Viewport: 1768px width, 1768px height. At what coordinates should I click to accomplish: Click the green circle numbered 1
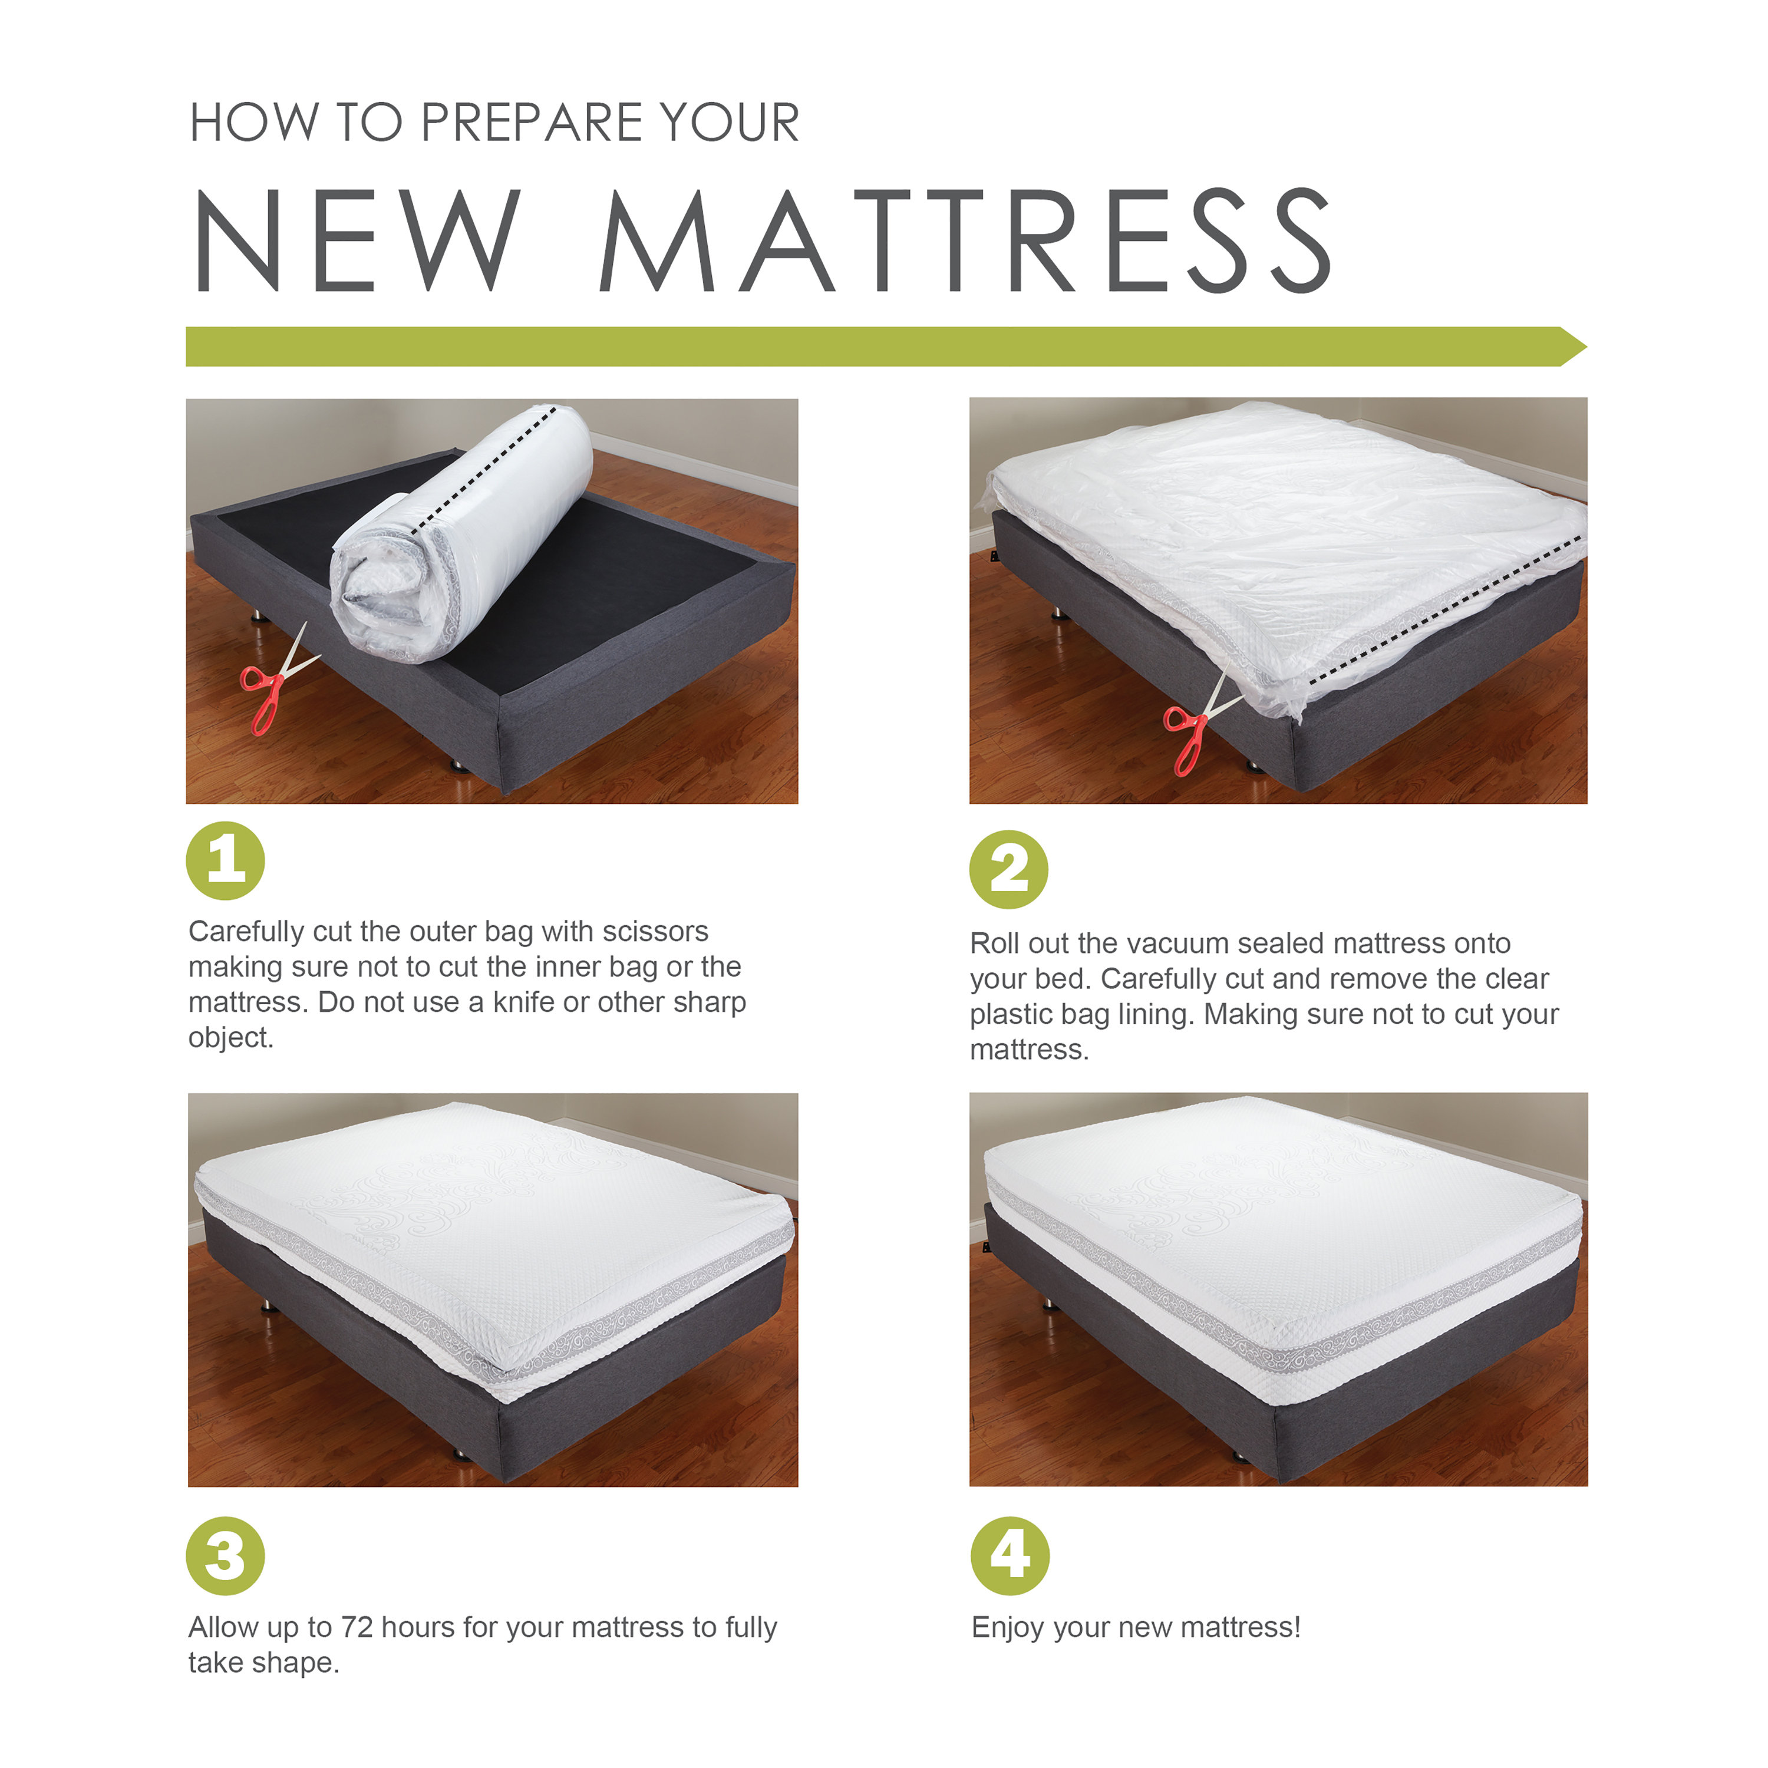click(x=225, y=861)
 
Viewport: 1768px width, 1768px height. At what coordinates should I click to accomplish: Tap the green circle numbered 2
click(x=1008, y=869)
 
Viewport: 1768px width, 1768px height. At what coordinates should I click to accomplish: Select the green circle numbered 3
click(x=225, y=1556)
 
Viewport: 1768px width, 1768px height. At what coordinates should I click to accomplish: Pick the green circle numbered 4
click(x=1010, y=1556)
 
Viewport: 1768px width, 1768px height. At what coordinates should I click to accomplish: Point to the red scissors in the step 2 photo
click(x=1194, y=732)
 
